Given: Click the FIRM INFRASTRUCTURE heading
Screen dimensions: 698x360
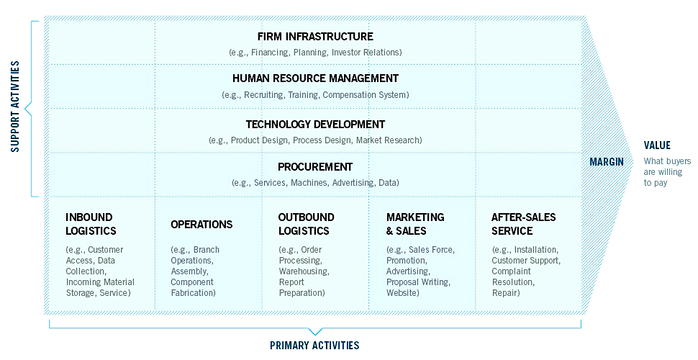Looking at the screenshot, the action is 315,37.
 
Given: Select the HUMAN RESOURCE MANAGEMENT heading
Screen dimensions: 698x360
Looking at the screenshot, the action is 315,78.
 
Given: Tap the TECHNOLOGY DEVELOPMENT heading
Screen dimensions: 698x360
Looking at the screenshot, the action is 315,125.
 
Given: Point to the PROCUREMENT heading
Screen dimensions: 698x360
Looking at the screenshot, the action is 315,167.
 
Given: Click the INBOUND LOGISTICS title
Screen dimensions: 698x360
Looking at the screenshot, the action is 91,224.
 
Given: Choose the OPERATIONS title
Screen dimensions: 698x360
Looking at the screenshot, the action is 201,224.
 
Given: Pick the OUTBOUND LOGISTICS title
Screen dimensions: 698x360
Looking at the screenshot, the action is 307,224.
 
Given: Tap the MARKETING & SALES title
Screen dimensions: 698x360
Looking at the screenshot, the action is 415,224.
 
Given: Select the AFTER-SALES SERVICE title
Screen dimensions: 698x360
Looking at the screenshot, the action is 524,224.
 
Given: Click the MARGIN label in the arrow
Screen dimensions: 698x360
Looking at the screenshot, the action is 607,162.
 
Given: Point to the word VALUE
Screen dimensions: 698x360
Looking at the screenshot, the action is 657,145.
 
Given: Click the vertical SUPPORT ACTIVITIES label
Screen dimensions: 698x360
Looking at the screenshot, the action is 15,107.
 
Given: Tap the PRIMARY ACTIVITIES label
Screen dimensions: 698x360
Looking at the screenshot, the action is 314,346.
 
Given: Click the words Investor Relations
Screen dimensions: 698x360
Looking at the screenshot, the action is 366,53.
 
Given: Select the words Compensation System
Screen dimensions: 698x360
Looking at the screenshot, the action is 365,95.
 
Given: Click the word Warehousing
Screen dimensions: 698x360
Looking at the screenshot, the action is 304,271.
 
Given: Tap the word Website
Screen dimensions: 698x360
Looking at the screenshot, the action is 402,293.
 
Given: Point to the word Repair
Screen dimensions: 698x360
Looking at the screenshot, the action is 505,293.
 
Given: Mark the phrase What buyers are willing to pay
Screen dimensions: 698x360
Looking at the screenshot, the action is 667,172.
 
